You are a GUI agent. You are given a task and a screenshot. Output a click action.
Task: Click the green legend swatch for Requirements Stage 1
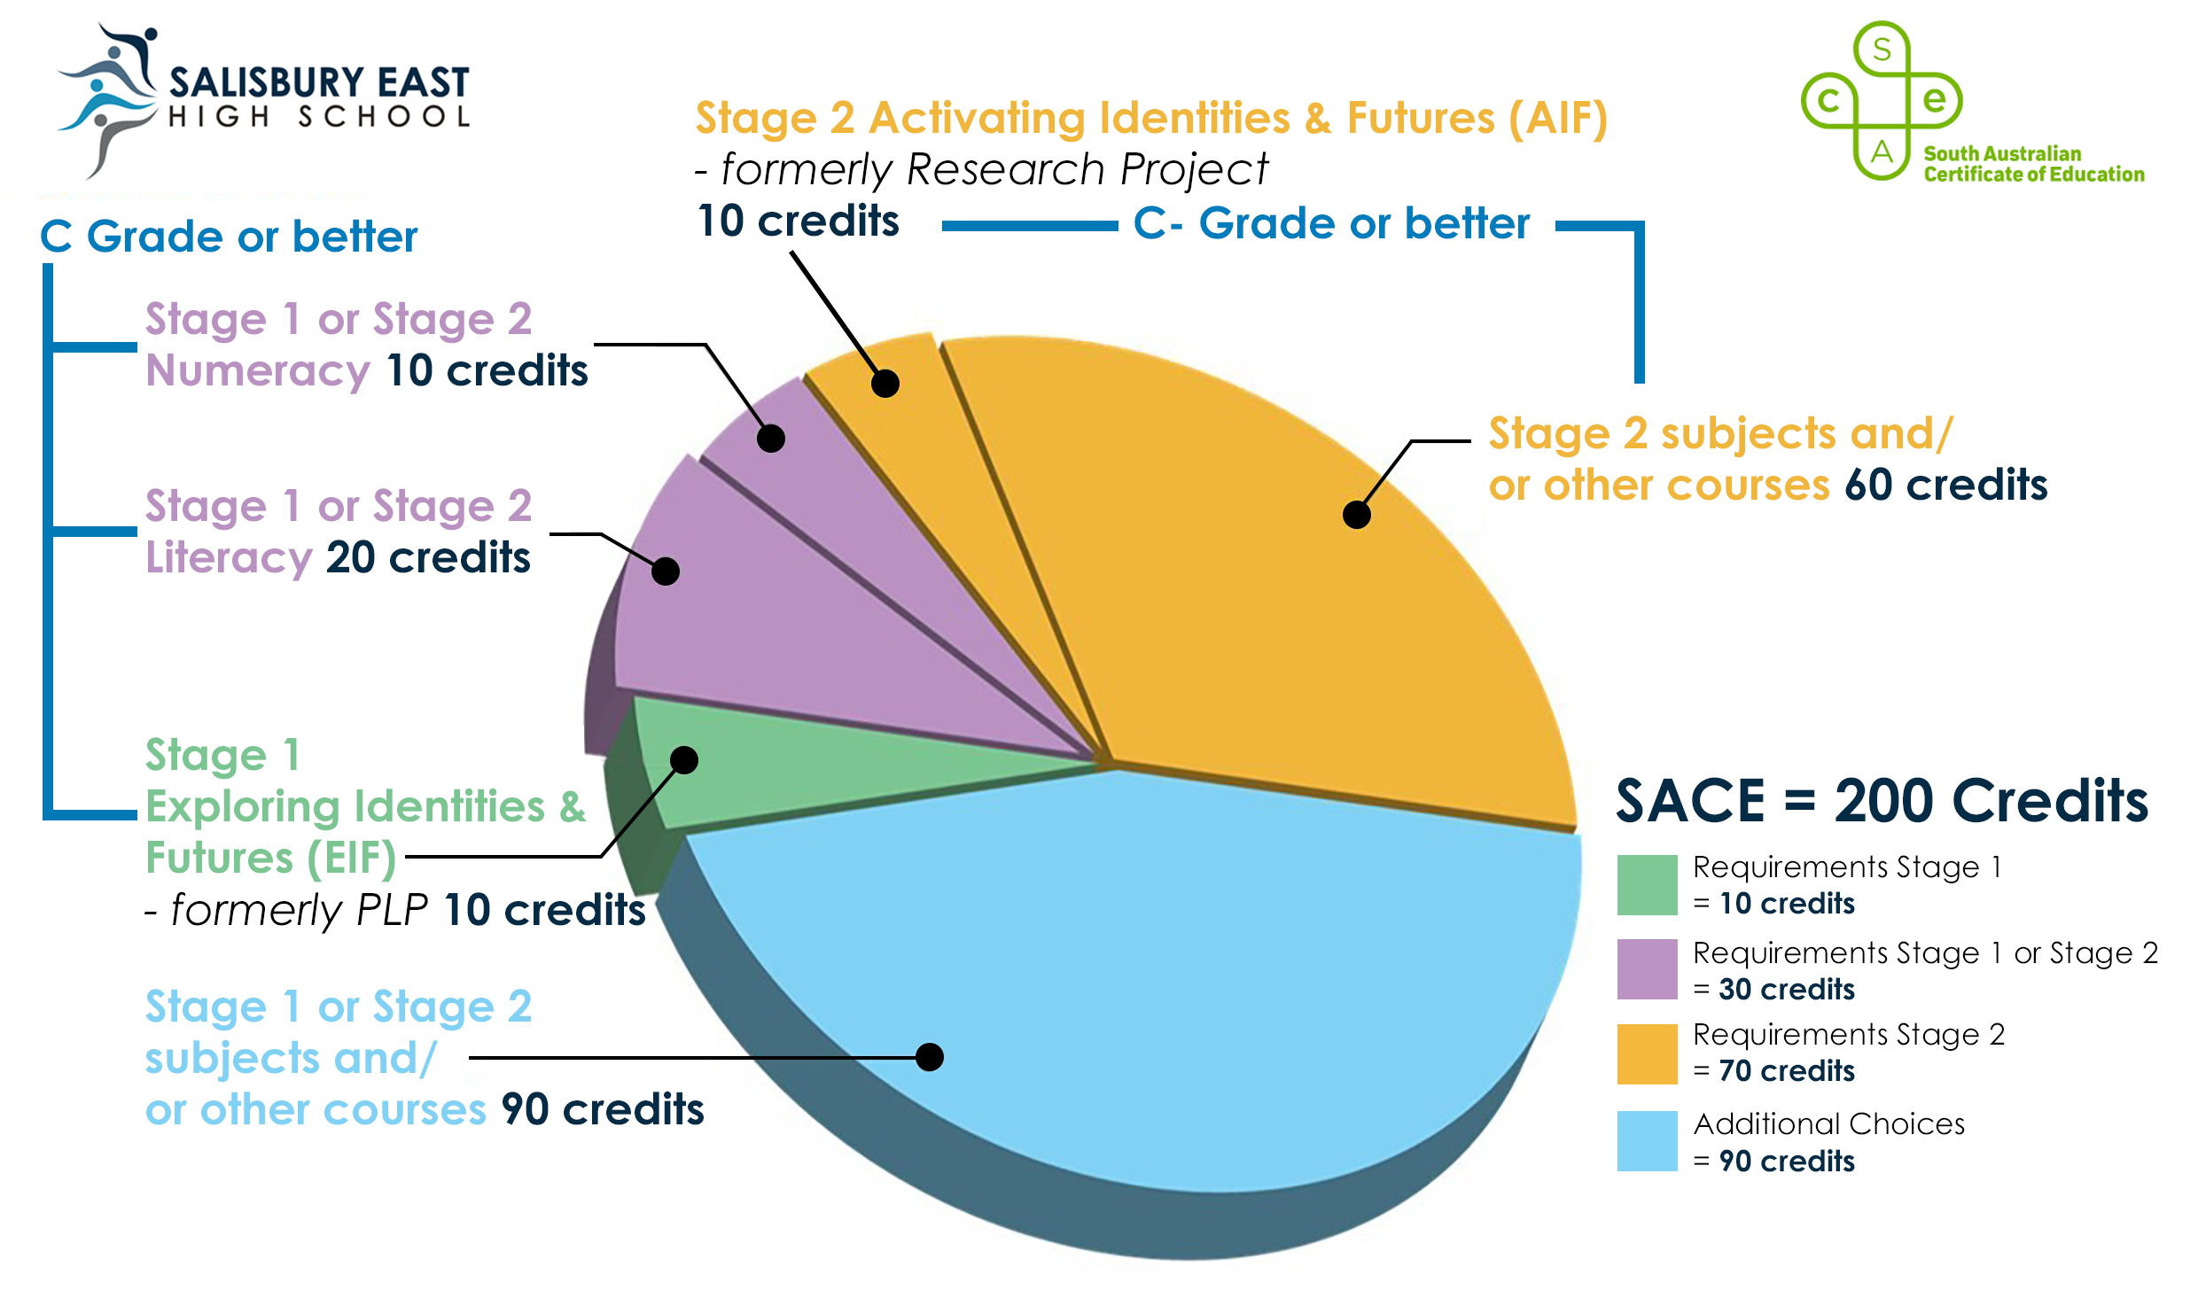pos(1647,884)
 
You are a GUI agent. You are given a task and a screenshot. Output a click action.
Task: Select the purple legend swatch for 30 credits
pos(1647,968)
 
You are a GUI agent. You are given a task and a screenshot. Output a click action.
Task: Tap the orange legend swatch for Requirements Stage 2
pos(1647,1053)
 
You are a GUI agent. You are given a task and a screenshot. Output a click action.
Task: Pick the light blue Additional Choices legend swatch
pos(1647,1140)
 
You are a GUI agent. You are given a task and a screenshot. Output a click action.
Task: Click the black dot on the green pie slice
pos(684,760)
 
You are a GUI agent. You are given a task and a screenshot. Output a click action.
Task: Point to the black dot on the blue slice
pos(929,1056)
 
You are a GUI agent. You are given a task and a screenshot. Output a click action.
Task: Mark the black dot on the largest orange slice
pos(1356,514)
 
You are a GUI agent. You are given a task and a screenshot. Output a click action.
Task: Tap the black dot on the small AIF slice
pos(885,383)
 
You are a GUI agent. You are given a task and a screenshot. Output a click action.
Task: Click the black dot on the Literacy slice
pos(665,571)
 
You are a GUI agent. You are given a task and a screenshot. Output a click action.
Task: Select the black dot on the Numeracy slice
pos(771,438)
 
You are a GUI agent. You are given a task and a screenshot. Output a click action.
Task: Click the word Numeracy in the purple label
pos(257,370)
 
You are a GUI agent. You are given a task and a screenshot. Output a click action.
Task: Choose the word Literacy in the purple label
pos(229,557)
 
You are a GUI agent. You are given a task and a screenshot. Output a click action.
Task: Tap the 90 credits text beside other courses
pos(602,1108)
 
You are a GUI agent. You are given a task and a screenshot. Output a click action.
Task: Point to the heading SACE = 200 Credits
pos(1881,801)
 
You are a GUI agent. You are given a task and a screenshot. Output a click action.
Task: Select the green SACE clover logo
pos(1881,100)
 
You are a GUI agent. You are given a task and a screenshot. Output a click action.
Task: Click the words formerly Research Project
pos(994,169)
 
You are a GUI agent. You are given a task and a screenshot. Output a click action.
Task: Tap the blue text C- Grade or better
pos(1330,223)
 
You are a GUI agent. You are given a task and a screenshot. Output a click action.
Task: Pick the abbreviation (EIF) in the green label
pos(351,858)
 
